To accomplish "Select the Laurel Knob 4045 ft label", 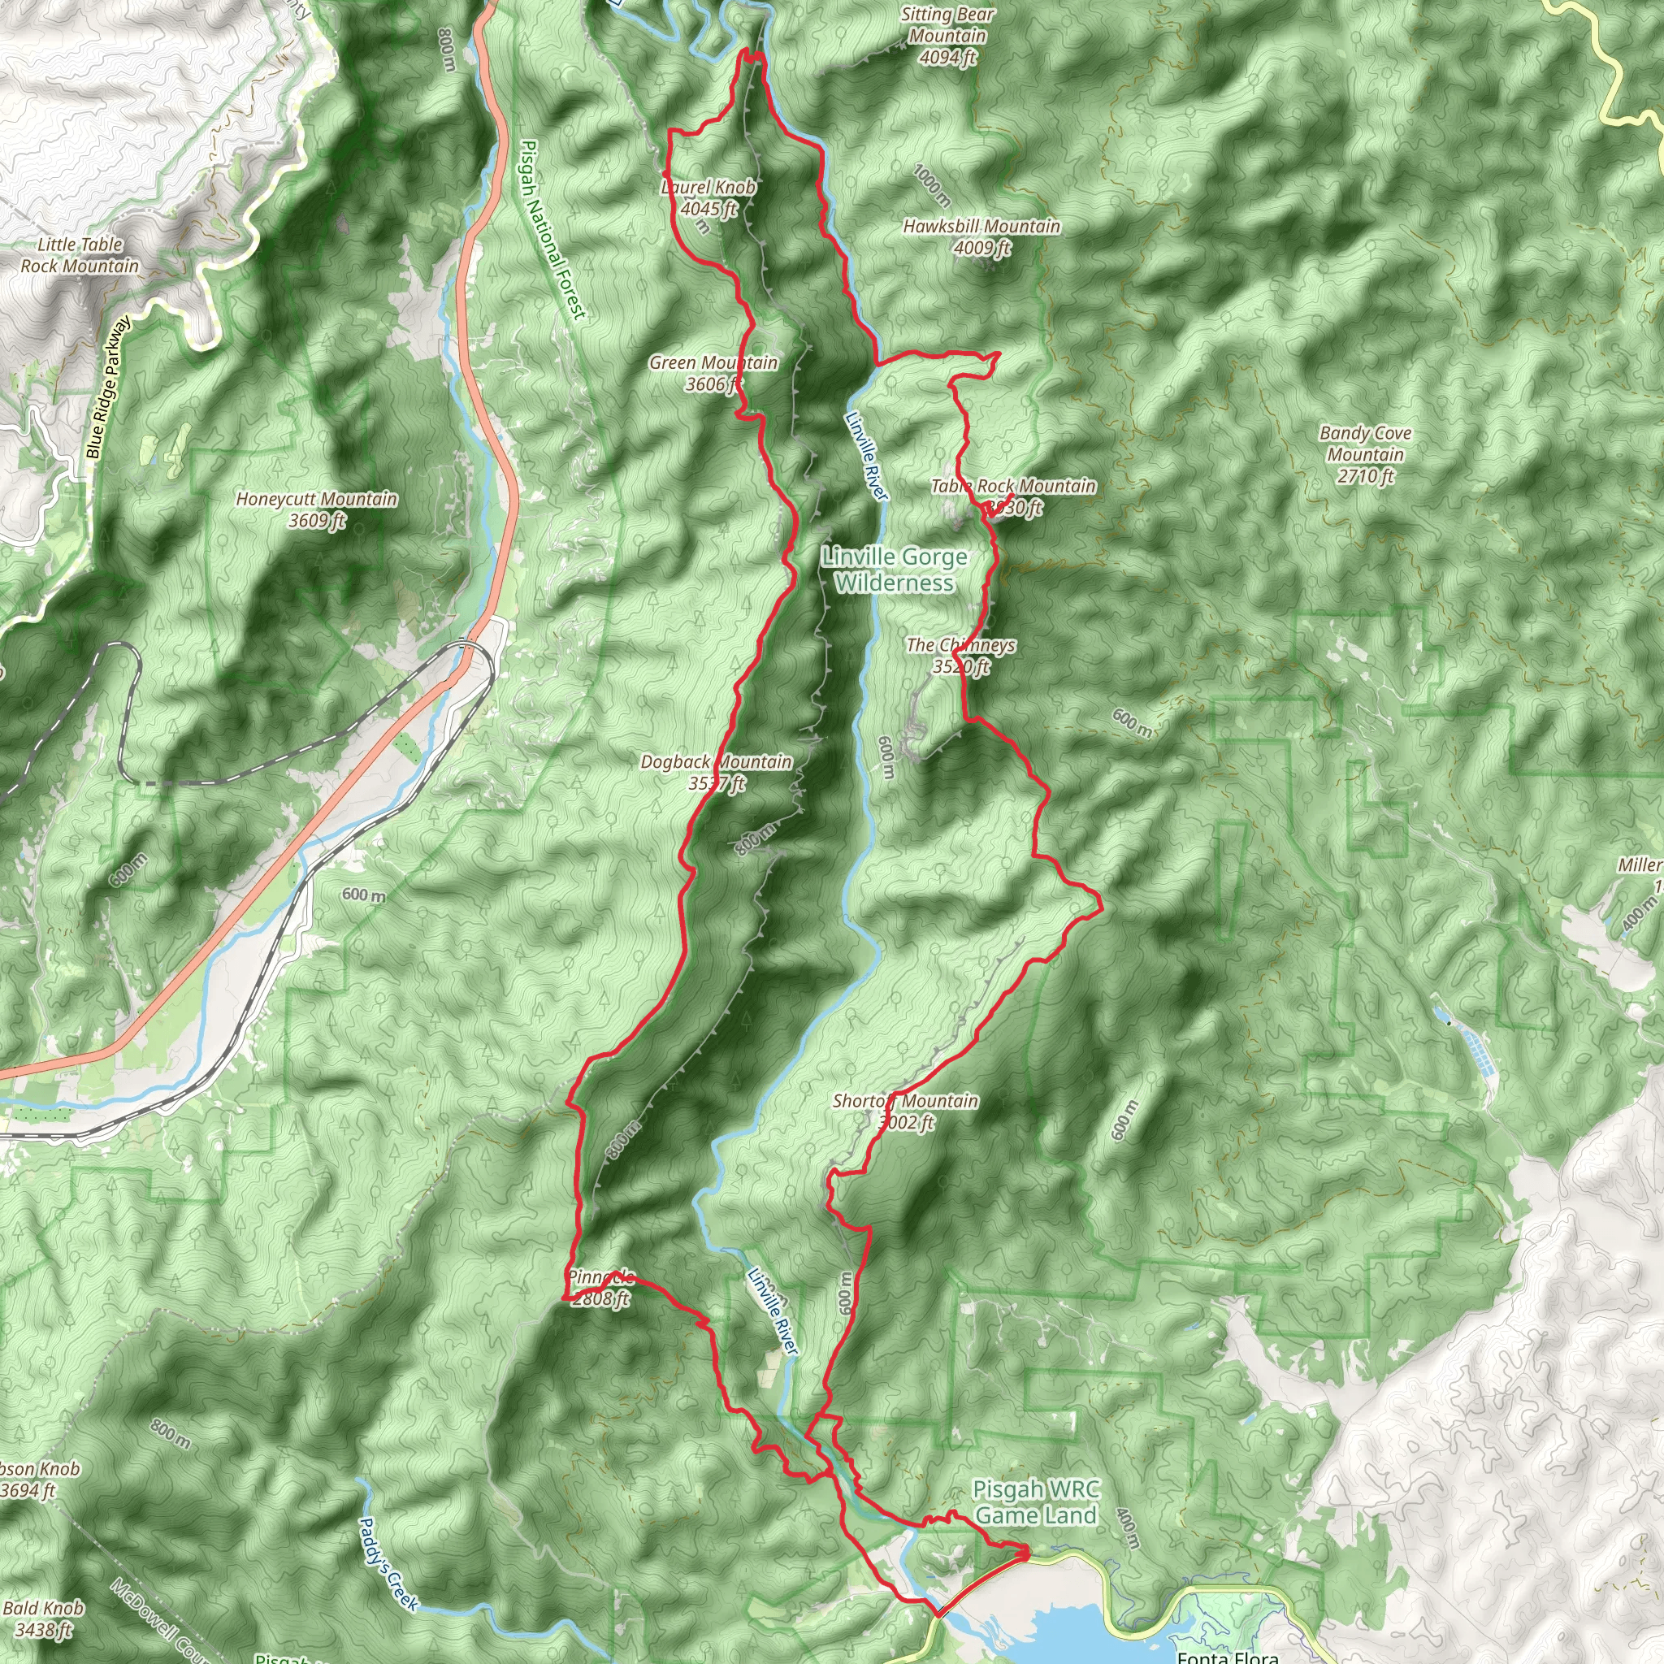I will [708, 198].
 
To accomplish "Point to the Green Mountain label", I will [713, 374].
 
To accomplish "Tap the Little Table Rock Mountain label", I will [80, 256].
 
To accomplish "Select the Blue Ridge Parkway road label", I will [109, 388].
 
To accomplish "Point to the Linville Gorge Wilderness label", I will [894, 570].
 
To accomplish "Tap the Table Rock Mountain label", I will [1013, 497].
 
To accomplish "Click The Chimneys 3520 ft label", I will [960, 656].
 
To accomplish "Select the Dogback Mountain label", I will [717, 773].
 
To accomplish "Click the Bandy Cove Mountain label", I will [1365, 454].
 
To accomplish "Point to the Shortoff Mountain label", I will [905, 1111].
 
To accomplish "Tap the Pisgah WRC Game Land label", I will [1036, 1502].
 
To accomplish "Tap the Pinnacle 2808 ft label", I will [600, 1288].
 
